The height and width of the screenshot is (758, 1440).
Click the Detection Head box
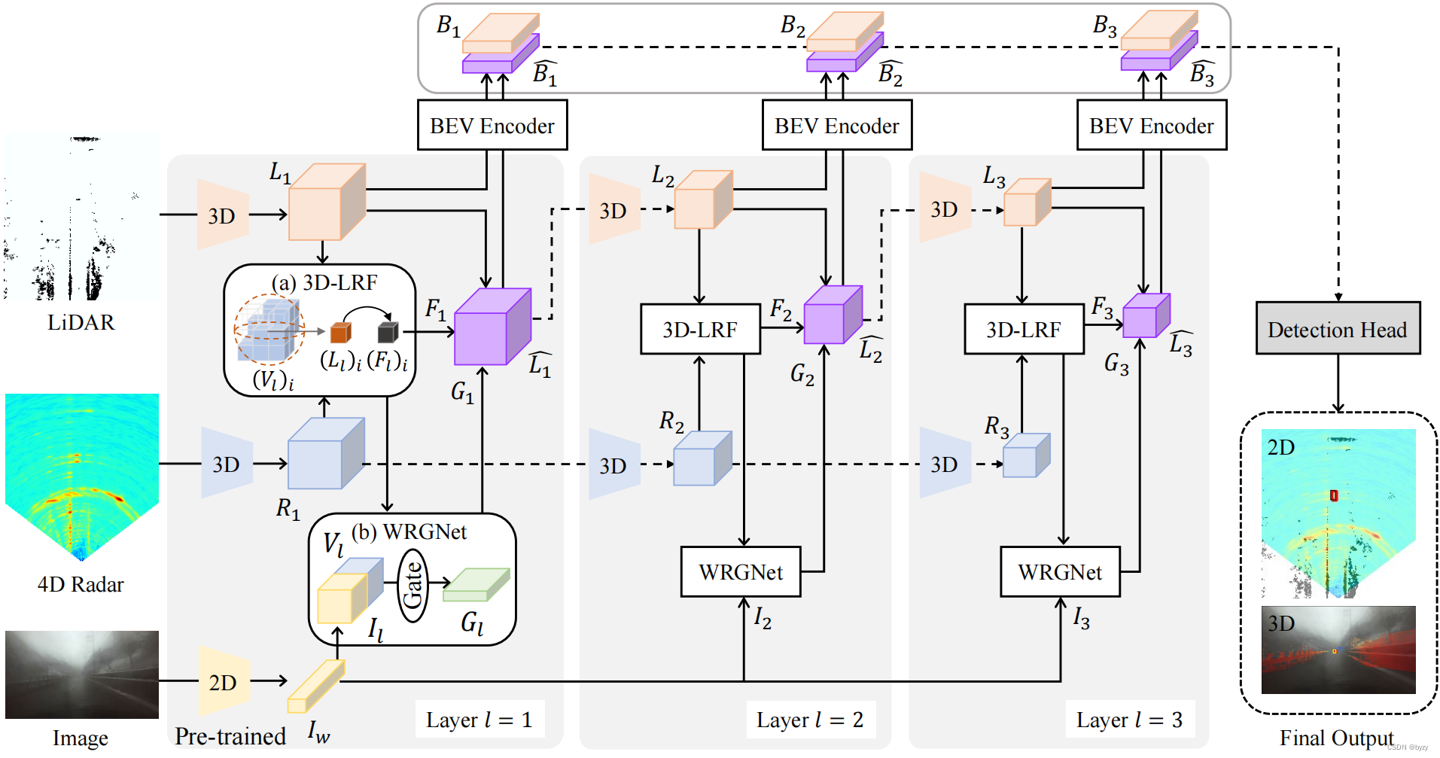1338,328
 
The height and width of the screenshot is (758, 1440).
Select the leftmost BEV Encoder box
492,125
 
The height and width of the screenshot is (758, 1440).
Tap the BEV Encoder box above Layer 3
1151,125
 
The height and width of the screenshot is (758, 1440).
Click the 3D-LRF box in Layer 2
699,329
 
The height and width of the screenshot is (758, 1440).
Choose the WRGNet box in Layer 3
1060,572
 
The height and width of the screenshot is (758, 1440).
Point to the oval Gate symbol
413,585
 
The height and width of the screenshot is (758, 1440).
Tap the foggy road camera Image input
81,674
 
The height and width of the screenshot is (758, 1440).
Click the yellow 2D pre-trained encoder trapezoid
223,681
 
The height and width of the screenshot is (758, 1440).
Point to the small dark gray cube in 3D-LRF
387,331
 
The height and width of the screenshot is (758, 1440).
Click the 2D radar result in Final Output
1338,512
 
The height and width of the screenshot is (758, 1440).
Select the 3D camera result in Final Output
1338,650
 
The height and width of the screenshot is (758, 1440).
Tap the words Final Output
1336,738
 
